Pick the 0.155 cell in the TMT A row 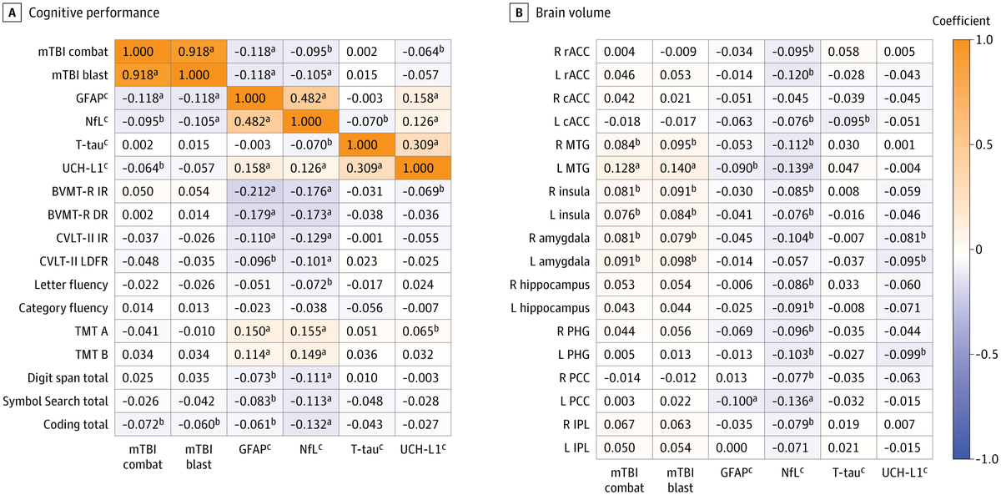click(310, 331)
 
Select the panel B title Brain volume click(574, 14)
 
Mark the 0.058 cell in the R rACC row click(850, 51)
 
